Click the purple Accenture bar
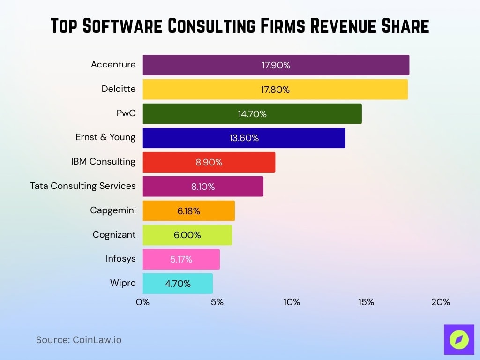pos(276,65)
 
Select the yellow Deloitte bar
pos(275,90)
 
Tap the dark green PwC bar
pos(252,114)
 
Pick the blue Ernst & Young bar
pos(244,138)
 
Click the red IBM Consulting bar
pos(209,162)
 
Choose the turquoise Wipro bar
pos(177,284)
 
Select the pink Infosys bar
pos(181,259)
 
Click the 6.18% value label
pos(188,211)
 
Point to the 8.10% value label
pos(203,187)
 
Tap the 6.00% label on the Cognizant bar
pos(187,235)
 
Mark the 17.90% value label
pos(276,65)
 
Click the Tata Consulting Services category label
pos(83,186)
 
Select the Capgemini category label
pos(113,210)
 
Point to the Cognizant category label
pos(114,234)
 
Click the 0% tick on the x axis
pos(142,302)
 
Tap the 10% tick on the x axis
pos(292,302)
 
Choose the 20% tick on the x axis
pos(441,302)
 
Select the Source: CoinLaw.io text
pos(79,340)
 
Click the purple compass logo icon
pos(458,339)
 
